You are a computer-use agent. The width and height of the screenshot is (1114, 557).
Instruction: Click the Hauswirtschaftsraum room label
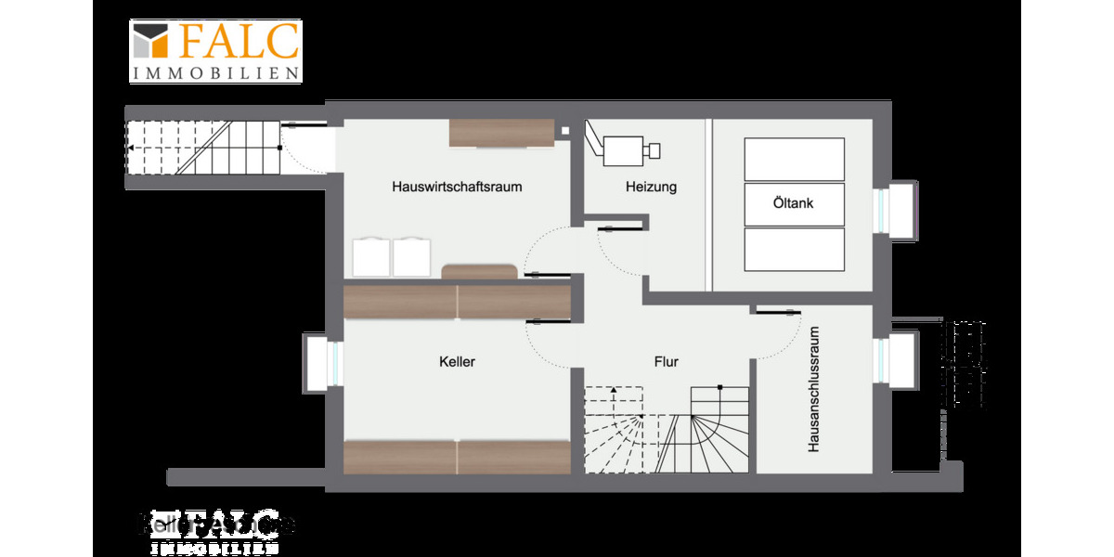(457, 187)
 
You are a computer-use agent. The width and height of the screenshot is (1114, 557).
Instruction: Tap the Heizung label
(651, 187)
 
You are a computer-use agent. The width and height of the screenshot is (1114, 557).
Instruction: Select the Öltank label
(793, 203)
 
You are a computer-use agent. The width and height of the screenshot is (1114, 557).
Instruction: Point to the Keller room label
(457, 361)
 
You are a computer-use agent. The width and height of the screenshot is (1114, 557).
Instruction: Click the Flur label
(666, 361)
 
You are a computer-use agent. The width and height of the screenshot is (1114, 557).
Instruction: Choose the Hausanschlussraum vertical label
(813, 389)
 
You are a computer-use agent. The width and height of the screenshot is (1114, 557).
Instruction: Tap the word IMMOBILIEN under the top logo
(215, 72)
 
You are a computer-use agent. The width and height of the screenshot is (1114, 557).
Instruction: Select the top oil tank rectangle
(794, 159)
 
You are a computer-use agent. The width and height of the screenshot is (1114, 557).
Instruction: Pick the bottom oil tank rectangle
(794, 249)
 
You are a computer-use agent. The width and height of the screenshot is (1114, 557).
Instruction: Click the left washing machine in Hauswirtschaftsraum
(370, 257)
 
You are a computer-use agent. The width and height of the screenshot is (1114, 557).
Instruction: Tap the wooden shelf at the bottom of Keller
(457, 457)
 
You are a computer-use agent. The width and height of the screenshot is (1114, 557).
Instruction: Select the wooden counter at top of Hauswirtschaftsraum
(501, 133)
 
